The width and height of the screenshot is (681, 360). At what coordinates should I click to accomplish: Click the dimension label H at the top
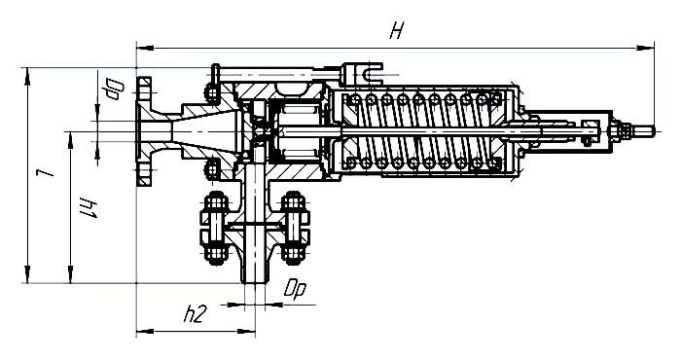click(397, 31)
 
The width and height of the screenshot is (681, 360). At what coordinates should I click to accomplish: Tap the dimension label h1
click(88, 207)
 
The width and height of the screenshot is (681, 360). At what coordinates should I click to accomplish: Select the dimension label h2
click(194, 314)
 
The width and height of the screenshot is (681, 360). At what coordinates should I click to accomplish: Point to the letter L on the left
click(45, 172)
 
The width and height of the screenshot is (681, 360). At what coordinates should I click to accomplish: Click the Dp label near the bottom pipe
click(295, 290)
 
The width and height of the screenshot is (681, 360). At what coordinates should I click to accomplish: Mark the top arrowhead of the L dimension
click(27, 77)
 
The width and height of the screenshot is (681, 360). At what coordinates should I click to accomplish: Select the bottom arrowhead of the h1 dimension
click(70, 274)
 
